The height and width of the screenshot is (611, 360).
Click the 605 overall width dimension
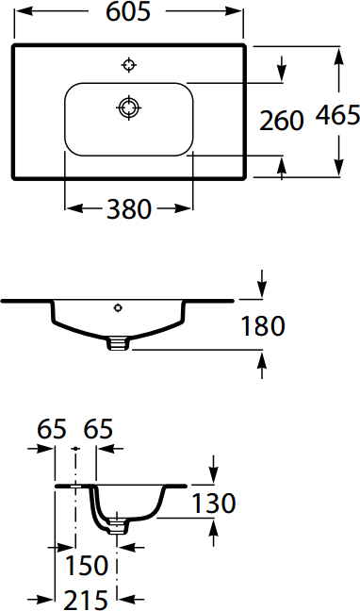130,14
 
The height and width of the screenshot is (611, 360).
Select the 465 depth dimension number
337,115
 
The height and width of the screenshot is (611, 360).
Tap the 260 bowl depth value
282,120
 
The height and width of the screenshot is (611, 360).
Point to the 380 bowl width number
128,208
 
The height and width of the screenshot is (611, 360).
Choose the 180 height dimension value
263,326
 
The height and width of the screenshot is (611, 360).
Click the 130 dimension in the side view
213,503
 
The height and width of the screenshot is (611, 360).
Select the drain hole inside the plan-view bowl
128,107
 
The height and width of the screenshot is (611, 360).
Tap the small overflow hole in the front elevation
118,307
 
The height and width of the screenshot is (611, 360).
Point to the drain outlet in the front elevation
118,343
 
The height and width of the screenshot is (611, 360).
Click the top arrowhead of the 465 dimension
337,54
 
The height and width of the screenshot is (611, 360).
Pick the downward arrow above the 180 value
263,286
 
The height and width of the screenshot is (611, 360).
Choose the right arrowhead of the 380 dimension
184,208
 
